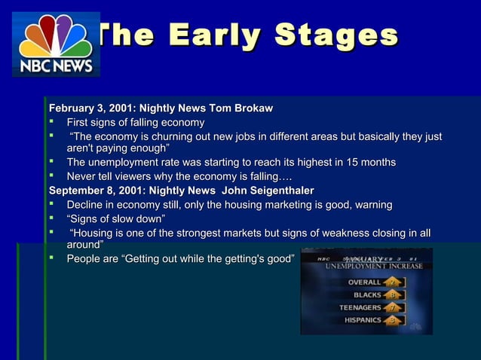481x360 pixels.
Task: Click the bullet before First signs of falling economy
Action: coord(54,122)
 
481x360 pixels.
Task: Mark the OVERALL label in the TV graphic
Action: coord(365,282)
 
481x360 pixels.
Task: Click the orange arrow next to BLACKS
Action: coord(392,294)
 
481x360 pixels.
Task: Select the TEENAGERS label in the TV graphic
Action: coord(360,307)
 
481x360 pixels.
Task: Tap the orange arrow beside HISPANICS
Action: coord(392,320)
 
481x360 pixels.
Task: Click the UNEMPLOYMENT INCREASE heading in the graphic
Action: coord(373,266)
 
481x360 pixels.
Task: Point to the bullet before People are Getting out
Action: coord(54,259)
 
